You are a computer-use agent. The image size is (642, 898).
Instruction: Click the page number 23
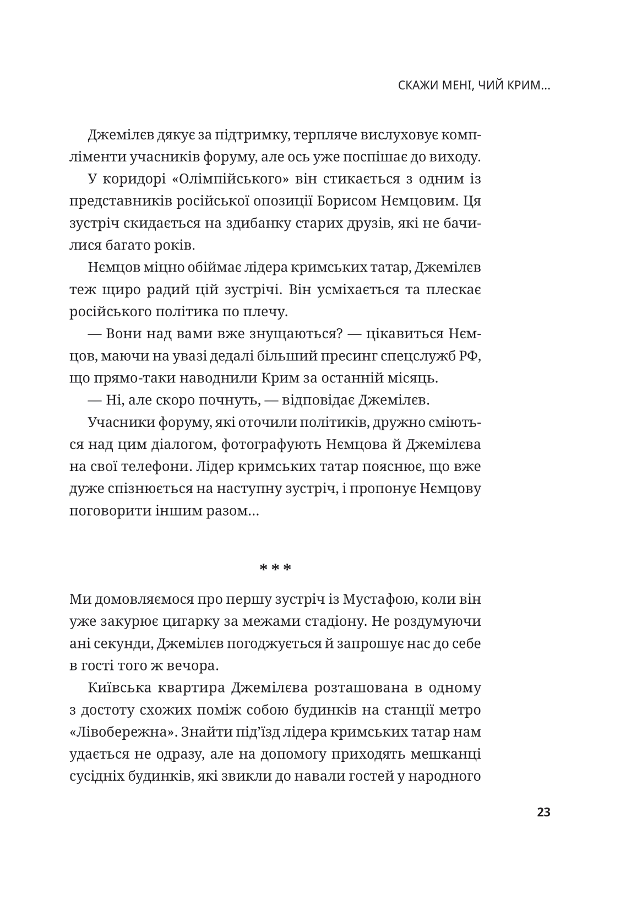click(543, 812)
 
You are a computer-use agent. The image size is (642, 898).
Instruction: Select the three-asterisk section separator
click(275, 567)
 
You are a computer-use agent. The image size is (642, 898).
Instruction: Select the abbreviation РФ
click(472, 356)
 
